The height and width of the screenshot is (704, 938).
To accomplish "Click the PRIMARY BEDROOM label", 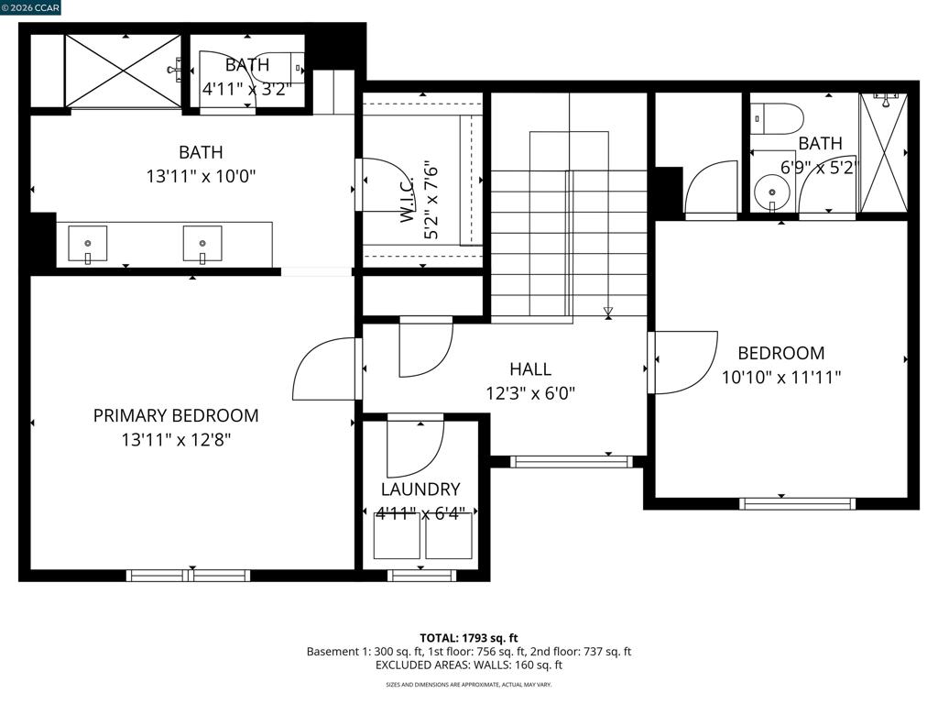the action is pos(176,415).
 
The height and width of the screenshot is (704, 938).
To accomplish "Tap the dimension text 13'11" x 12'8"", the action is pos(176,440).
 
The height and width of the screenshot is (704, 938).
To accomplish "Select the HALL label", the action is pos(530,368).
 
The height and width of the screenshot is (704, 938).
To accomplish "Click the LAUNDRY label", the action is pos(420,489).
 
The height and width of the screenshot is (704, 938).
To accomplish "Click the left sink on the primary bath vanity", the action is pos(88,244).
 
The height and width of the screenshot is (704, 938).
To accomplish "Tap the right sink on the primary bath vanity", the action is pos(202,244).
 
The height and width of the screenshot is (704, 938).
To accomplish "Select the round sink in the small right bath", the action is pos(771,192).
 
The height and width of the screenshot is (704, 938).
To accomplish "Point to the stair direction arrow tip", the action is pos(608,315).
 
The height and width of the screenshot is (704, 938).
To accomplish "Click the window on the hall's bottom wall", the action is pos(572,462).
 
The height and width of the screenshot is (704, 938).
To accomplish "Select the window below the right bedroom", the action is pos(798,503).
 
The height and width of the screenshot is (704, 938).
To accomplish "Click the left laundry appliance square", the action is pos(397,535).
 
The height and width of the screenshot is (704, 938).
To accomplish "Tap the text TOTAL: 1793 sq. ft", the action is pos(468,638).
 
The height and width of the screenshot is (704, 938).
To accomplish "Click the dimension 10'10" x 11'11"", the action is pos(781,378).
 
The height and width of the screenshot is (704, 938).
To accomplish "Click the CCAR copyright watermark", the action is pos(30,7).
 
